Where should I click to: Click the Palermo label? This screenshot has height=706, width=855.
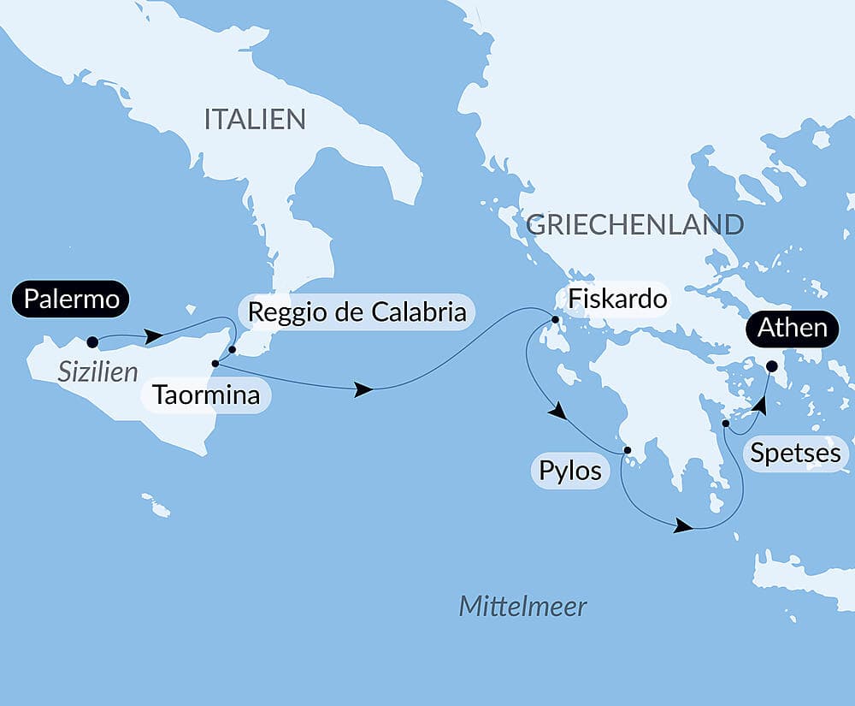pos(71,299)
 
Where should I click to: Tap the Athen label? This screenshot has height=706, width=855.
pos(791,328)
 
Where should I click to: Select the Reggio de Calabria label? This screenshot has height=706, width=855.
pos(357,312)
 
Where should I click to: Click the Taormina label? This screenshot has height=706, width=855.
pos(206,396)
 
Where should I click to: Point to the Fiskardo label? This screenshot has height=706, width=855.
pos(611,300)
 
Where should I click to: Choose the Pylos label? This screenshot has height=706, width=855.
pos(570,471)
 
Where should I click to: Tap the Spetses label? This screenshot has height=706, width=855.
pos(795,453)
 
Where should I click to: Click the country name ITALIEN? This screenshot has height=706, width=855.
pos(255,120)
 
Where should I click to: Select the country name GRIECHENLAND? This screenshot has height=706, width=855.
pos(634,224)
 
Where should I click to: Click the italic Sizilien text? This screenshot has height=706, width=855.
pos(98,372)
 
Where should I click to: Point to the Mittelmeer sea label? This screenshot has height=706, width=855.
pos(522,607)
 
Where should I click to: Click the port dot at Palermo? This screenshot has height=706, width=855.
pos(92,342)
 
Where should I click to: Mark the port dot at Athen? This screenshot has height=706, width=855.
pos(771,366)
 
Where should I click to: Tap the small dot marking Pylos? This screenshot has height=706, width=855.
pos(627,449)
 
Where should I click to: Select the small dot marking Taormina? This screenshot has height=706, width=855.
pos(215,363)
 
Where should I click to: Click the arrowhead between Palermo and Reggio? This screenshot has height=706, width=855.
pos(154,336)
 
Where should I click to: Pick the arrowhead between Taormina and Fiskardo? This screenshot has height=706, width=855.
pos(363,390)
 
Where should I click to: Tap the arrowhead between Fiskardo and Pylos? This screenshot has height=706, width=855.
pos(557,412)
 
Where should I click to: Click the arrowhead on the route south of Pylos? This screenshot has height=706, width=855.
pos(682,525)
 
